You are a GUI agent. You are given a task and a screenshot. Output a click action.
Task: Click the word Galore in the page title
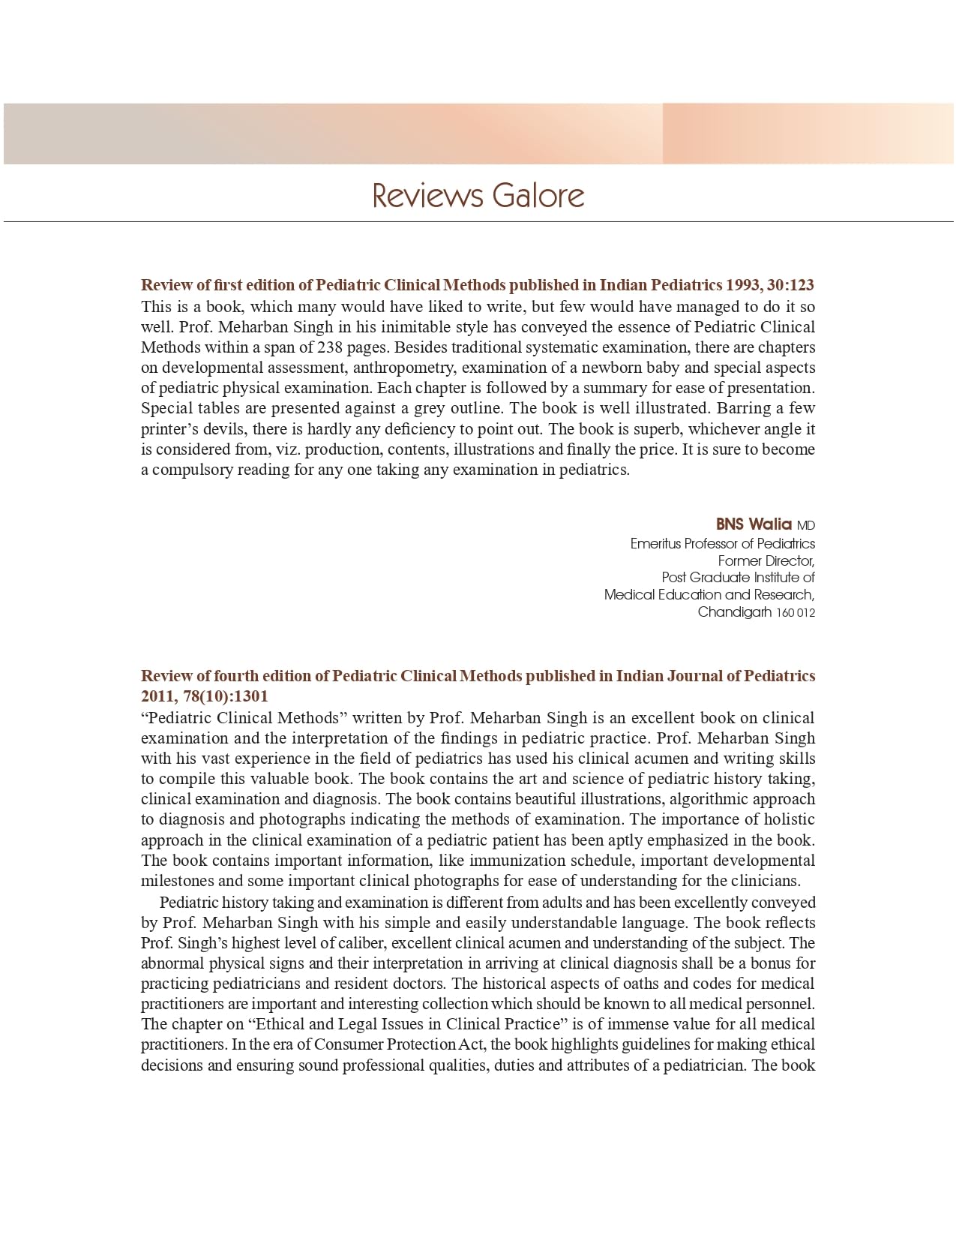click(x=538, y=196)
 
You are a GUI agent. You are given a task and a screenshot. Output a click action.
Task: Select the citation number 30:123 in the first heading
click(x=790, y=285)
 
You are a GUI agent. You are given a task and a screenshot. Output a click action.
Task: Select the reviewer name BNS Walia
click(x=754, y=524)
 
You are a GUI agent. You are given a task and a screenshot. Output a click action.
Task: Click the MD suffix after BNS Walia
click(x=806, y=525)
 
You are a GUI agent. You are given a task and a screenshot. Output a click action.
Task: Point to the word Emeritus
click(x=655, y=543)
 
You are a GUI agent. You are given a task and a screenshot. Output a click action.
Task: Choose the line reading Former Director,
click(x=766, y=560)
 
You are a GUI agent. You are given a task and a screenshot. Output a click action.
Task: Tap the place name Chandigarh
click(x=734, y=611)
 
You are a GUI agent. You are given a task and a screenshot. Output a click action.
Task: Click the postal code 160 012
click(x=796, y=613)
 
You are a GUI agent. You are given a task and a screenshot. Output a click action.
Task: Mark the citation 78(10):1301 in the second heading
click(x=205, y=696)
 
